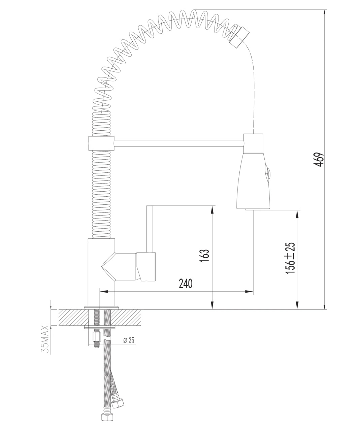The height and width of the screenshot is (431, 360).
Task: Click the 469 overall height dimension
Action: coord(319,160)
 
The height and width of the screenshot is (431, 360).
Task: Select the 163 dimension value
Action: coord(204,256)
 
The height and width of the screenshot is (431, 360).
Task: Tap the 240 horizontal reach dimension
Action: coord(186,284)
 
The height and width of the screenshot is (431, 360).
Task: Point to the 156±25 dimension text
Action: coord(290,258)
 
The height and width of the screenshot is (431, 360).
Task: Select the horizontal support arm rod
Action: coord(179,143)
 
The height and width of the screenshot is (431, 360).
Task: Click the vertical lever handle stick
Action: coord(150,229)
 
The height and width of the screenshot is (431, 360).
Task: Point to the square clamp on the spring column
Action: coord(101,143)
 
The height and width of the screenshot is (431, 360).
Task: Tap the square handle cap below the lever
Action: coord(146,266)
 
